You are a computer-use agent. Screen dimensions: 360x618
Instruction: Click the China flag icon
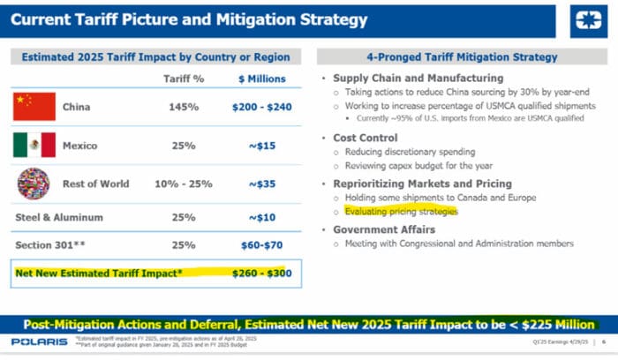pyautogui.click(x=35, y=107)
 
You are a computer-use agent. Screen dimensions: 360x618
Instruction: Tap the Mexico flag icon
pyautogui.click(x=35, y=145)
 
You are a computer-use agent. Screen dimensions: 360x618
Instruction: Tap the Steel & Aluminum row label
pyautogui.click(x=57, y=216)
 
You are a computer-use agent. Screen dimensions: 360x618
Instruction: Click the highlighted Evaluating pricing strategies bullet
pyautogui.click(x=402, y=212)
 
